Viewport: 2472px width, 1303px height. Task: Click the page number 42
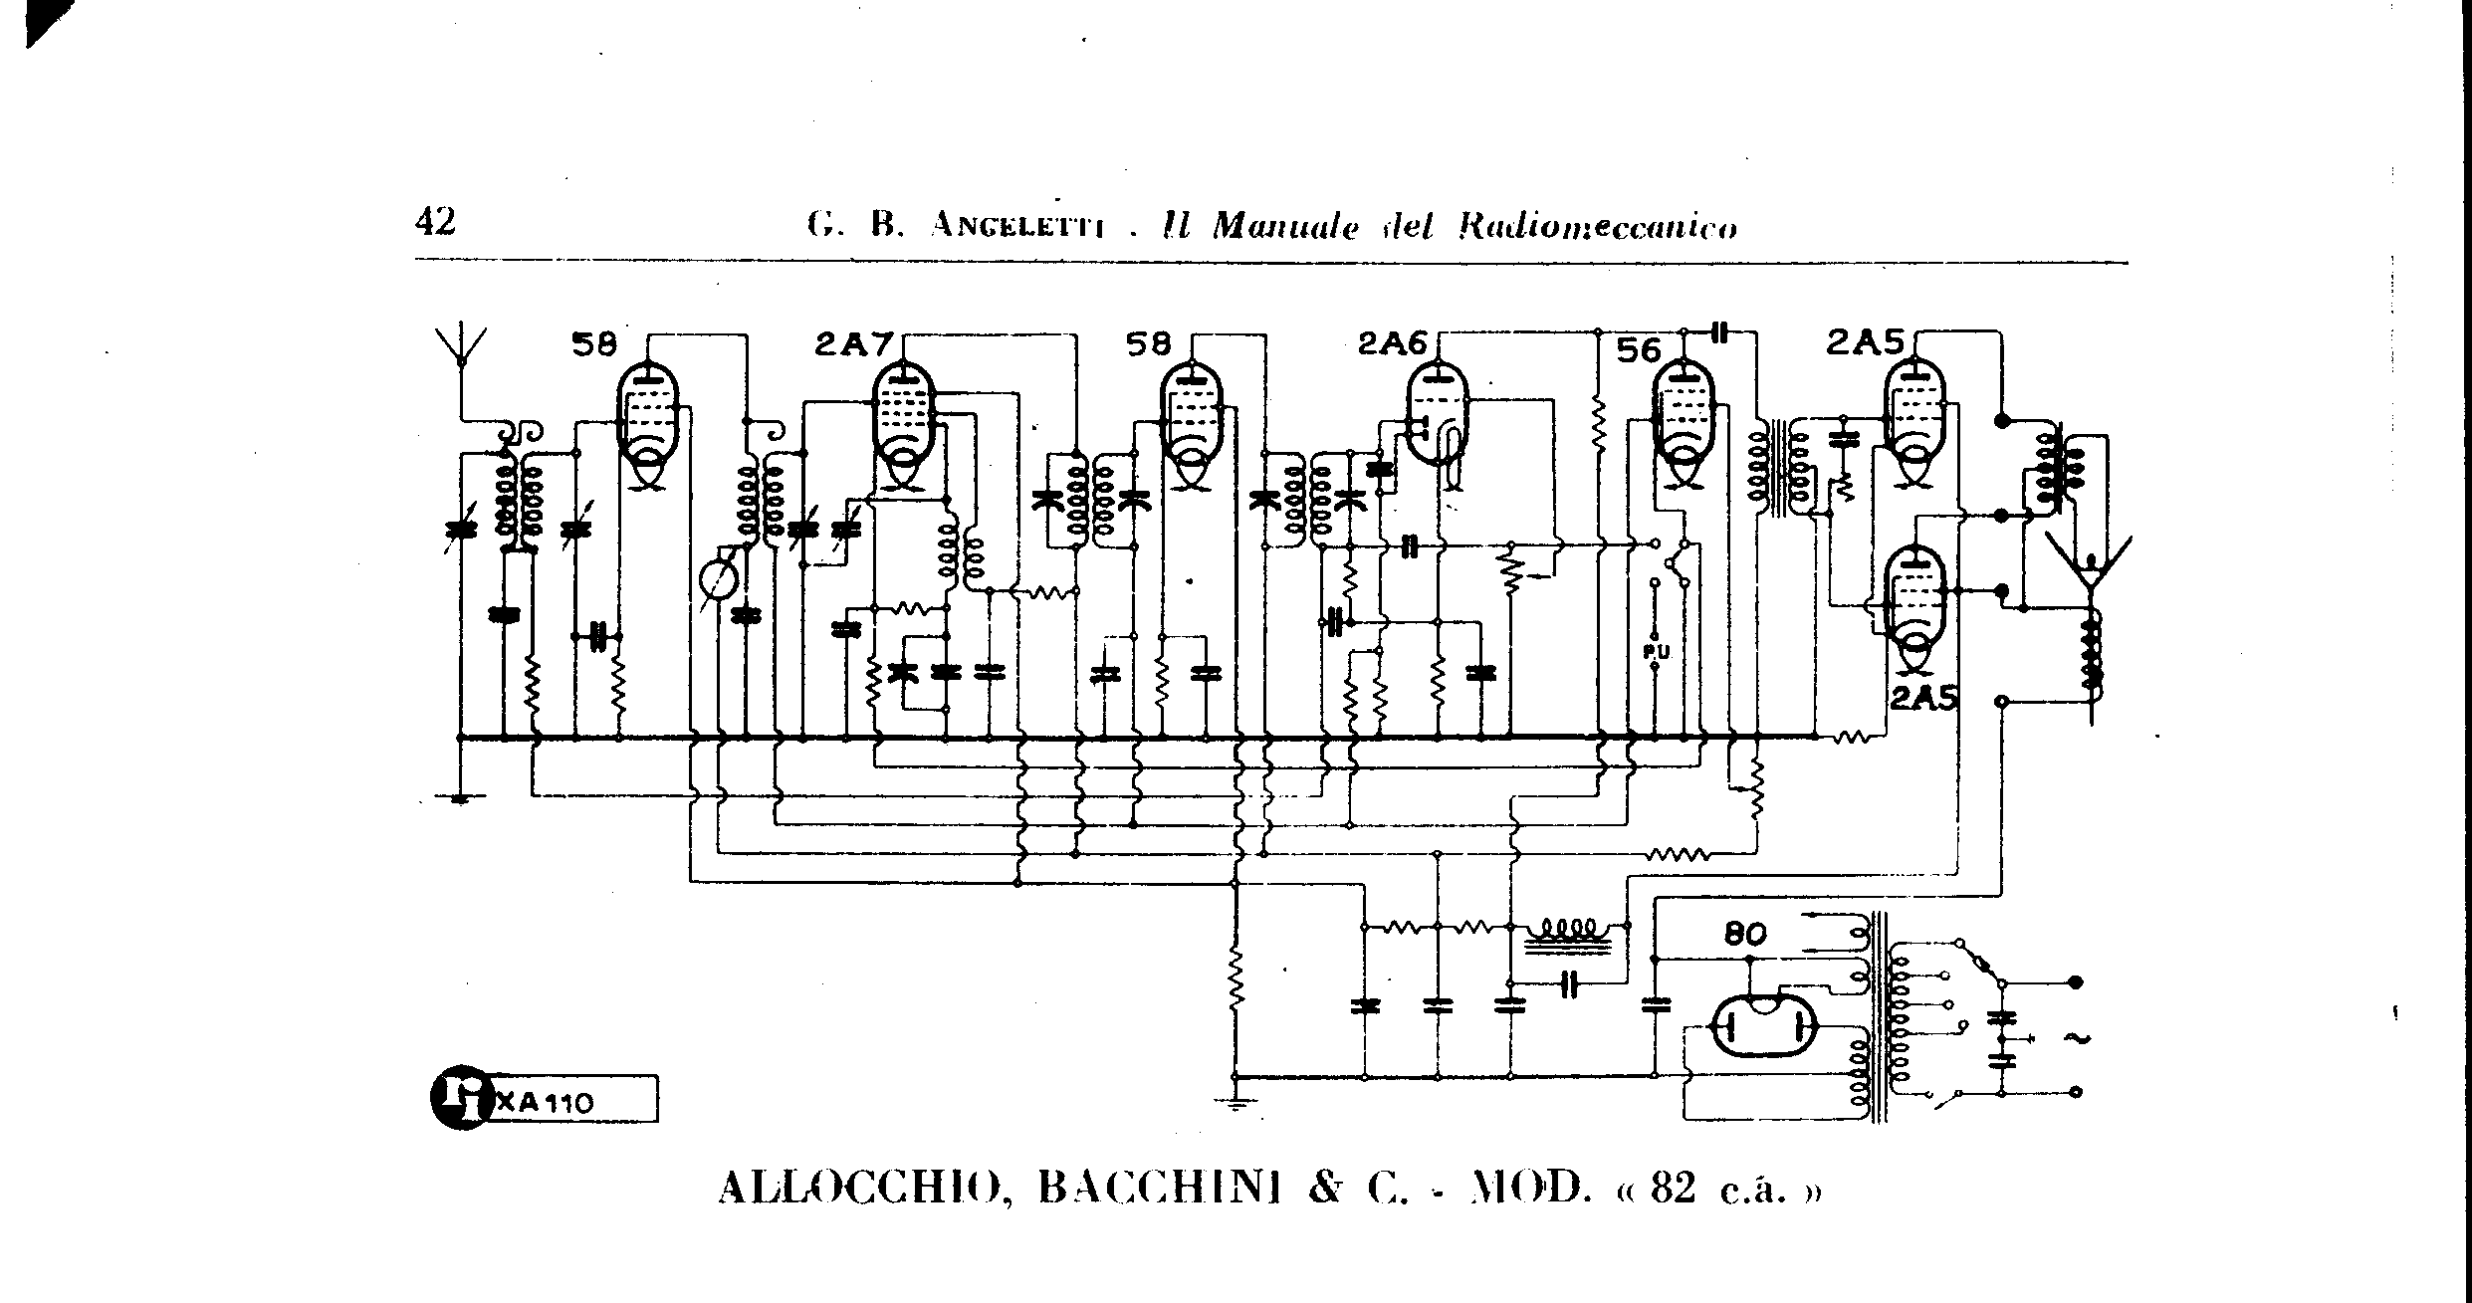(435, 221)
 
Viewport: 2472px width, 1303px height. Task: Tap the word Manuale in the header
(1285, 227)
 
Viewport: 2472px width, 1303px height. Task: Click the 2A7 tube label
(853, 344)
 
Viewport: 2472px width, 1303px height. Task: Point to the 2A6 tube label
(1392, 344)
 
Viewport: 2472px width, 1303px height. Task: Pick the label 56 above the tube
(1638, 350)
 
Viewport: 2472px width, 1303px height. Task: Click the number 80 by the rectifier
(1744, 934)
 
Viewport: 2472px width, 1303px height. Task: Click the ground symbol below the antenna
(460, 796)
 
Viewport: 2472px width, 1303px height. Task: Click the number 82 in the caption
(1673, 1190)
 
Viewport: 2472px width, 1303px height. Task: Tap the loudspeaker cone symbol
(2090, 567)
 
